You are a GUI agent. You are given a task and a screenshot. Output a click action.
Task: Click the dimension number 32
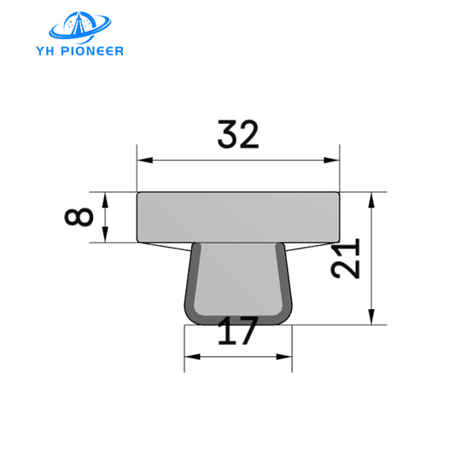(x=238, y=135)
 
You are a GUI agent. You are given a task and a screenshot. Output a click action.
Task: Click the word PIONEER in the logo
(x=95, y=50)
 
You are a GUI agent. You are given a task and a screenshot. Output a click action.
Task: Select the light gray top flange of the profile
(x=238, y=217)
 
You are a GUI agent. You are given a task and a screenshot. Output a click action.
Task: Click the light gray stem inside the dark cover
(x=238, y=277)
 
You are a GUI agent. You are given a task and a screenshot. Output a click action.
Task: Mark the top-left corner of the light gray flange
(x=138, y=193)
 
